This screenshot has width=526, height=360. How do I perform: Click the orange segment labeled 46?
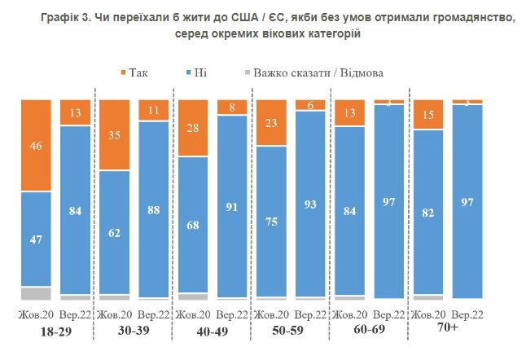[x=36, y=145]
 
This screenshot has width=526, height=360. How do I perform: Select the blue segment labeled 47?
[x=36, y=239]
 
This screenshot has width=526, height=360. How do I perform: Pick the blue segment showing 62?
[x=114, y=232]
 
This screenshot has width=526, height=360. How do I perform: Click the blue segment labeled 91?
[x=232, y=205]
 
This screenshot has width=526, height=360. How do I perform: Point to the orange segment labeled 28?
[x=193, y=127]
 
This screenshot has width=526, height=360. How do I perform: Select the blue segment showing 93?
[x=310, y=203]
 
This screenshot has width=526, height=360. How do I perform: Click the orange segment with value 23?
[x=271, y=122]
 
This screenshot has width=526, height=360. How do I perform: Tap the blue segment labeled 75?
[x=271, y=221]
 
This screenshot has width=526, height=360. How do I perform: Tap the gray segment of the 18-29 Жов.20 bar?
[x=36, y=293]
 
